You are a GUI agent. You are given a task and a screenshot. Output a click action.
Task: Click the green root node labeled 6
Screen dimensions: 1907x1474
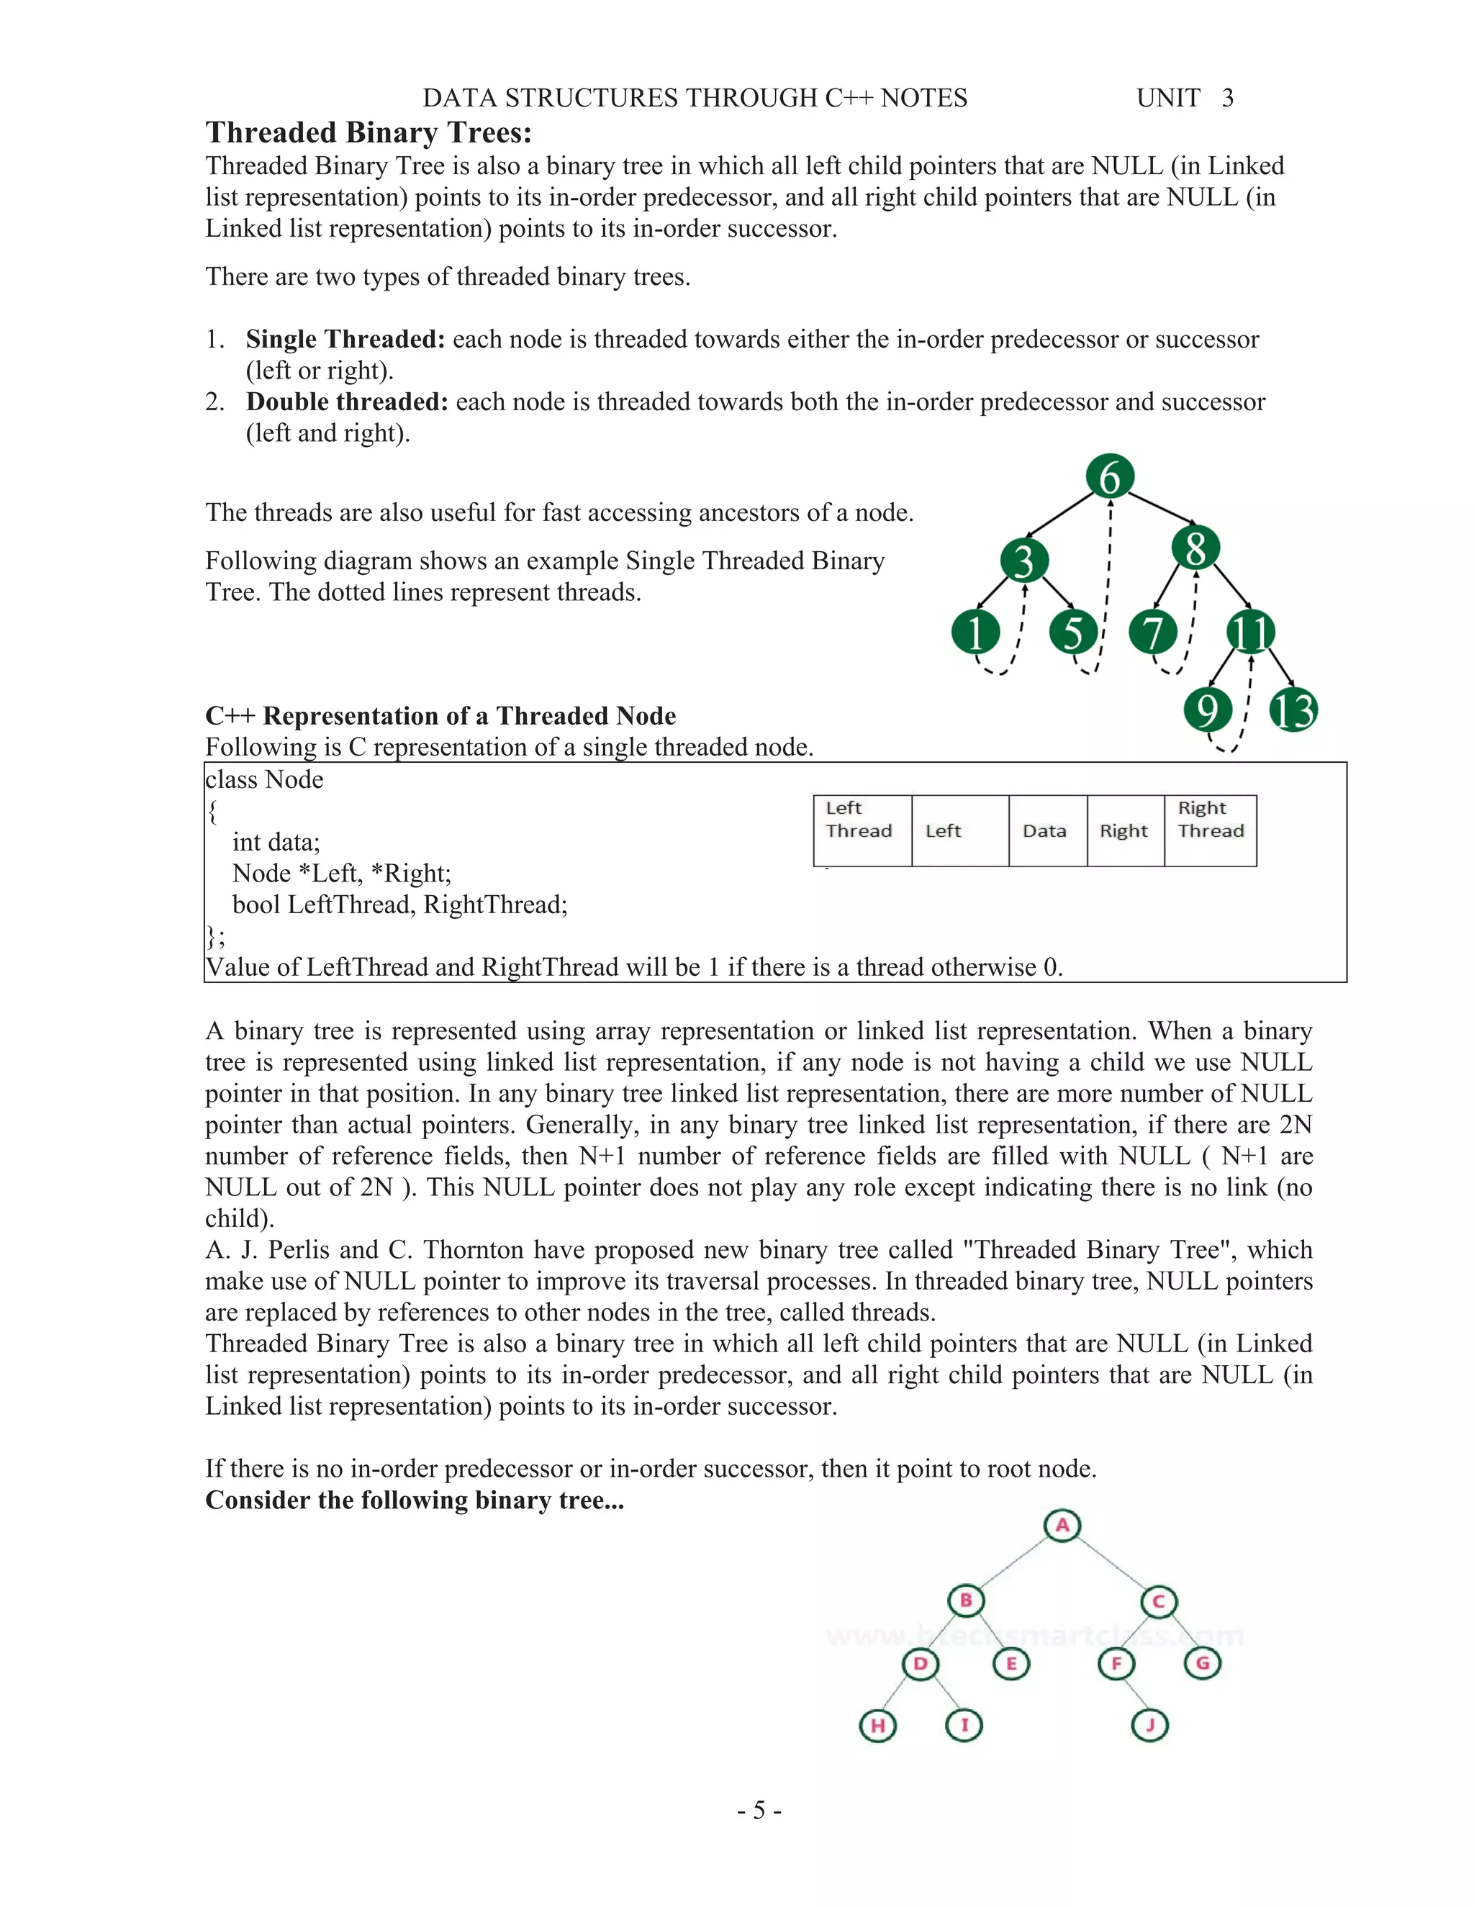point(1109,476)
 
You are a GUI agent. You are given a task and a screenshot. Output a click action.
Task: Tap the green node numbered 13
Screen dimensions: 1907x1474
point(1293,710)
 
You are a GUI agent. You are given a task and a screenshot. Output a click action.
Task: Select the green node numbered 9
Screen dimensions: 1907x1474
point(1208,709)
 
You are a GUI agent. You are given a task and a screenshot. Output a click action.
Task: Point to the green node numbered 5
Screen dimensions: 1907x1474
point(1073,632)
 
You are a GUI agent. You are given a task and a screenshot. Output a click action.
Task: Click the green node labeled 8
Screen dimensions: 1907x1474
point(1195,549)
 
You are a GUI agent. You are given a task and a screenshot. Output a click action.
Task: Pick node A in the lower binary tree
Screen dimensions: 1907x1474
point(1062,1526)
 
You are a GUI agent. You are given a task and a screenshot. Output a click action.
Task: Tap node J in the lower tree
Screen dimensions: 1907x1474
point(1149,1724)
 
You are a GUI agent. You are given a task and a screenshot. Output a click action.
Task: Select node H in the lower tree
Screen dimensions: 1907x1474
point(877,1726)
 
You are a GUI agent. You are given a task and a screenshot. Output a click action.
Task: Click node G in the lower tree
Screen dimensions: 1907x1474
point(1203,1663)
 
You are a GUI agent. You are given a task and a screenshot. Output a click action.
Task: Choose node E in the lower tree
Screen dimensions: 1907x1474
point(1011,1663)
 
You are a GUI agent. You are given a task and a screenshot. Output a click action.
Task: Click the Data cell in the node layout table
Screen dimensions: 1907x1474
point(1045,830)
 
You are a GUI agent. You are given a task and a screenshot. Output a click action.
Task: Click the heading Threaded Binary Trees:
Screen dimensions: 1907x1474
point(368,132)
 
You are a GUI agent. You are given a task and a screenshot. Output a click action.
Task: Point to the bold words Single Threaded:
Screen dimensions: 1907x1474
point(345,339)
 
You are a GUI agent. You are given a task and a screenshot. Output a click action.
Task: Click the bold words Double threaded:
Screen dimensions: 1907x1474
point(347,402)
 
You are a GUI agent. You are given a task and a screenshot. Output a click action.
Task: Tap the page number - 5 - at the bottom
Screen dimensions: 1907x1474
point(759,1810)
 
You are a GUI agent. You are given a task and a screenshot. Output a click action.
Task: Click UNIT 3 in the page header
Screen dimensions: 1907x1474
point(1184,98)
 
